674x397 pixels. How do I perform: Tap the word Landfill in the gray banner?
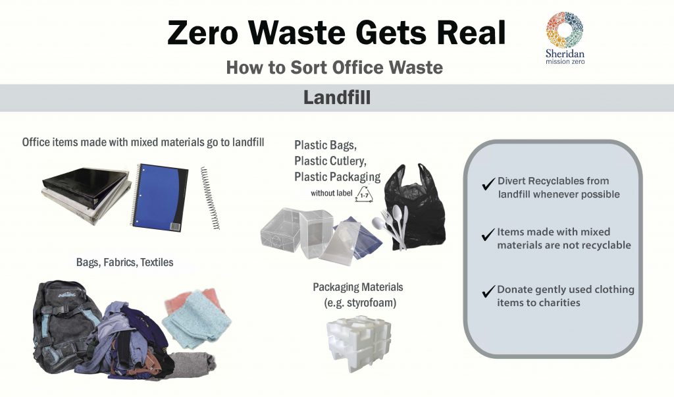[336, 97]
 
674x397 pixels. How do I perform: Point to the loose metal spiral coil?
[210, 198]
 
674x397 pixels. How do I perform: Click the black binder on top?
[86, 187]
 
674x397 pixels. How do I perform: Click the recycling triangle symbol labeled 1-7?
[364, 194]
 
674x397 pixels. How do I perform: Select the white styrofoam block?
[359, 344]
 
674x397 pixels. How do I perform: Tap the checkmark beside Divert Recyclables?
[488, 184]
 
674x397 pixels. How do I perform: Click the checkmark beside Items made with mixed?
[488, 234]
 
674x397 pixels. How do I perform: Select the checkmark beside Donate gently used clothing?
[488, 292]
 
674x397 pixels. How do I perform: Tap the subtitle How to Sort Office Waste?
[334, 68]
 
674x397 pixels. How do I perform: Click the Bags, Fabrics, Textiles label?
[124, 263]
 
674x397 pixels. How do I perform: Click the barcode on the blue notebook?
[175, 226]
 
